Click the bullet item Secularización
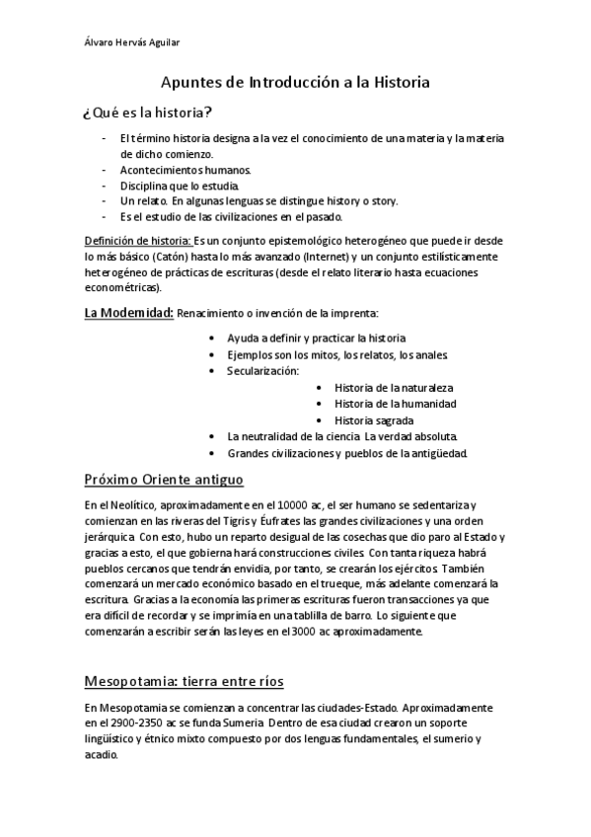point(262,370)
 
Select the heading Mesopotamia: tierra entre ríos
point(184,681)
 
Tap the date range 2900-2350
point(136,724)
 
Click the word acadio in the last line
point(101,756)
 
